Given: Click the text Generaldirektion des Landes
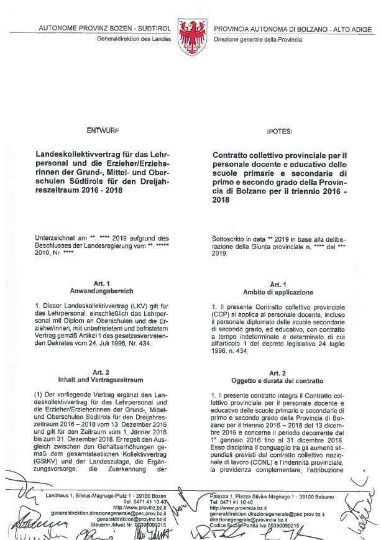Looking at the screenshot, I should click(133, 39).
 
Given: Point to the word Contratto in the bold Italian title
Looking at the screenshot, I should click(233, 154).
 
